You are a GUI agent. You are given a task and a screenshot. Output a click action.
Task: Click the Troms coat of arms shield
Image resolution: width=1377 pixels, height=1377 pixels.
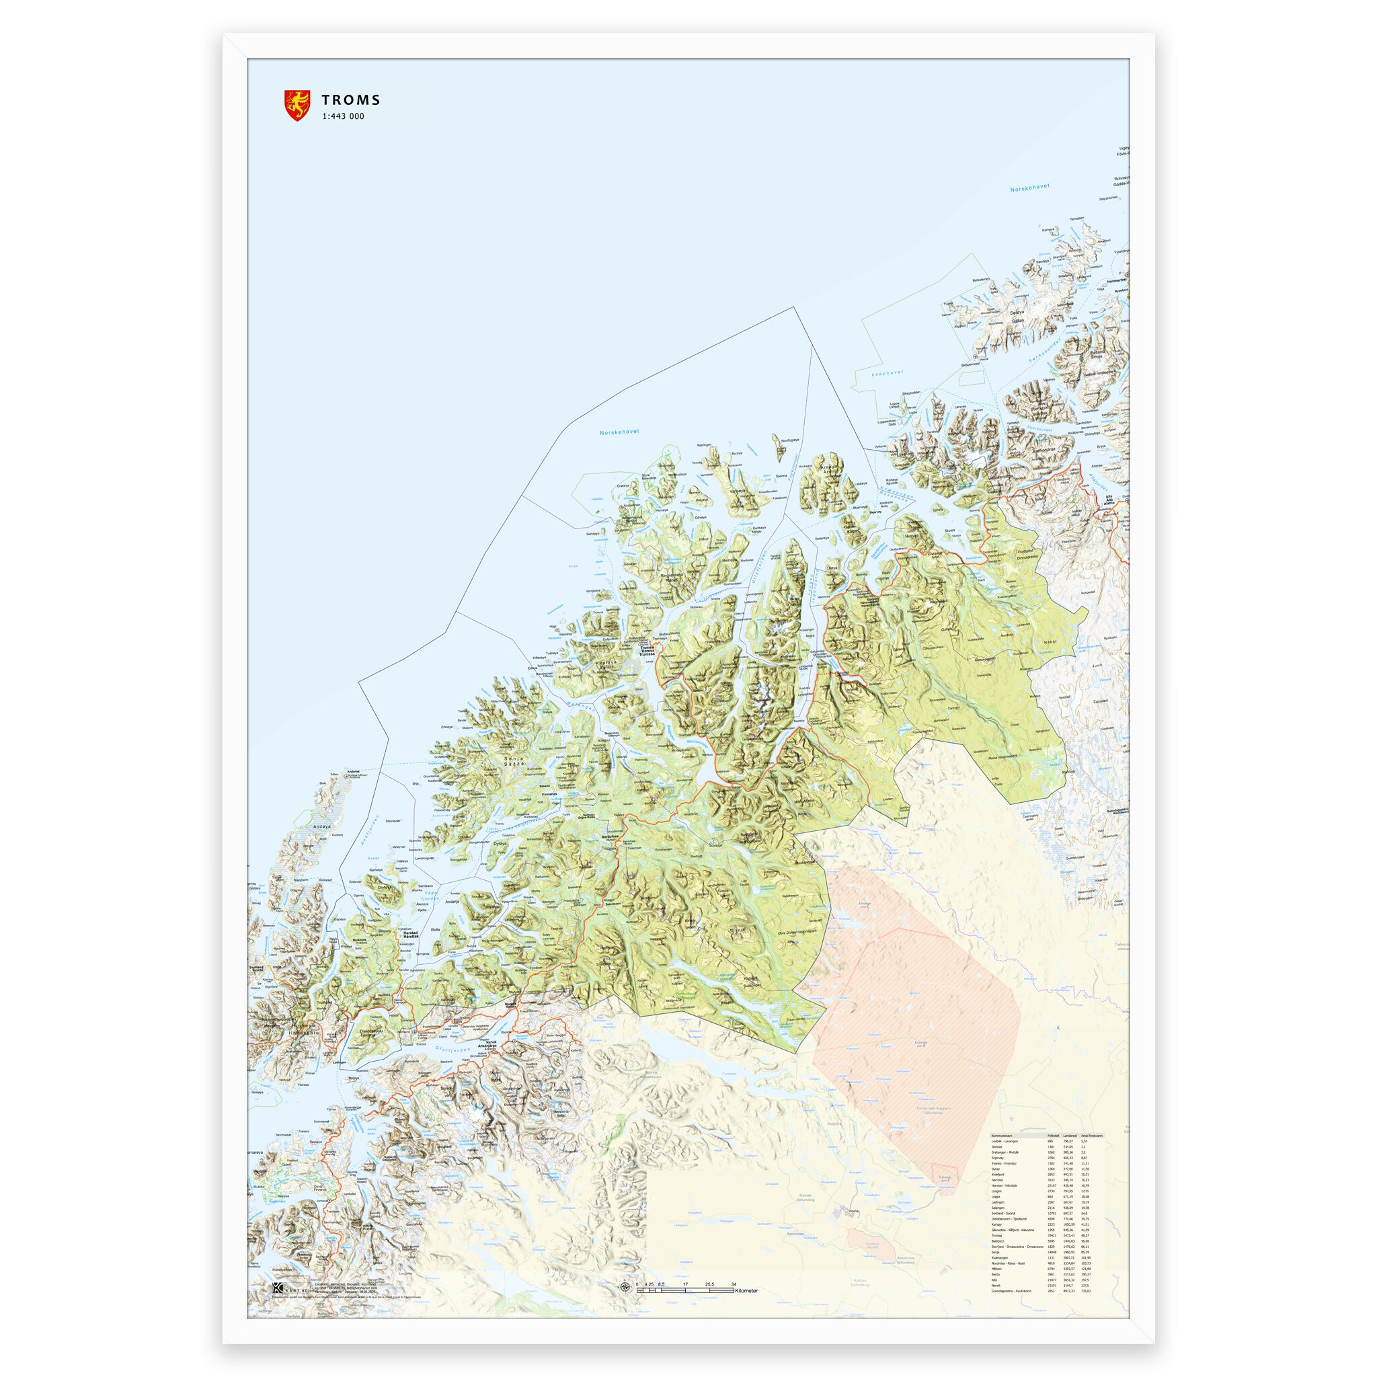coord(297,105)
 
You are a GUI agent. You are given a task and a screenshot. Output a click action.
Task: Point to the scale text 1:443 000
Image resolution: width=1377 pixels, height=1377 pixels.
coord(342,117)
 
